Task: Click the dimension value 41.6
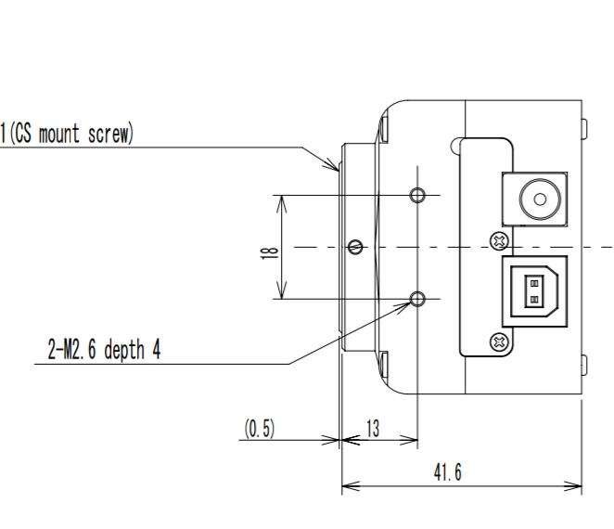pos(447,472)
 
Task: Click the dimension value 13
pos(373,429)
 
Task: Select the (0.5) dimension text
pos(259,429)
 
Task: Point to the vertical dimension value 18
pos(267,248)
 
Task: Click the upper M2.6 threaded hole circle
pos(418,195)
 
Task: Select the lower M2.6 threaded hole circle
pos(418,298)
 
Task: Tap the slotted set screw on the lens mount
pos(355,246)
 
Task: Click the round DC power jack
pos(536,198)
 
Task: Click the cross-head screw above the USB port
pos(500,241)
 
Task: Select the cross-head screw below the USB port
pos(500,341)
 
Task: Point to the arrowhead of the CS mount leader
pos(336,169)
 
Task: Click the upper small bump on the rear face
pos(583,127)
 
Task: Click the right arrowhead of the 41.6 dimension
pos(579,484)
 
